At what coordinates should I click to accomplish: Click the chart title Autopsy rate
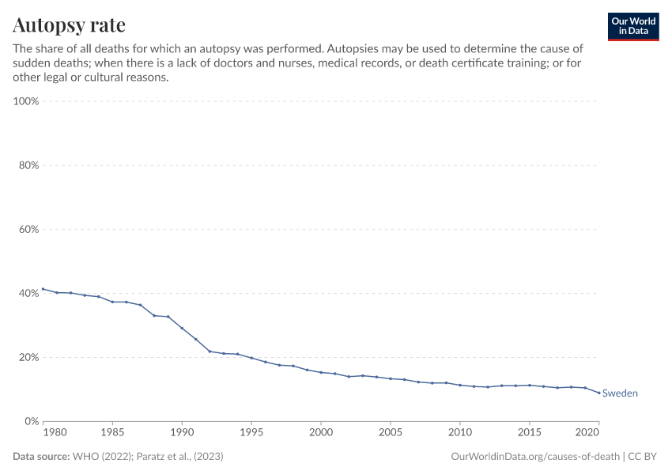coord(69,25)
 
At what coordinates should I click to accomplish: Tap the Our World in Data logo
coord(632,26)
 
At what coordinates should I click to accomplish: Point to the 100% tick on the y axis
coord(27,101)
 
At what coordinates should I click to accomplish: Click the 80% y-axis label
coord(28,165)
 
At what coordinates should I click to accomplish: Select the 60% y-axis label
coord(28,230)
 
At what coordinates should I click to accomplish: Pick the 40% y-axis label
coord(28,294)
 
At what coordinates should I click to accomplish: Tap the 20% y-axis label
coord(28,357)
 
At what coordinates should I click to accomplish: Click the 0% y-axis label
coord(32,421)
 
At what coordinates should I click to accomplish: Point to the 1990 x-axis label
coord(182,434)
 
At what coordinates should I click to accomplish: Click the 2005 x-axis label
coord(391,434)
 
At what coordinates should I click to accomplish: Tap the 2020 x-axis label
coord(586,434)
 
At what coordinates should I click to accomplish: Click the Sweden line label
coord(620,393)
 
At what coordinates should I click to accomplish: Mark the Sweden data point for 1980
coord(43,289)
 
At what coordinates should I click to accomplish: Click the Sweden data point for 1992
coord(210,351)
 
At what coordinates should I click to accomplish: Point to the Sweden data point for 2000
coord(321,372)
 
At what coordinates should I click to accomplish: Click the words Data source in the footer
coord(41,457)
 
